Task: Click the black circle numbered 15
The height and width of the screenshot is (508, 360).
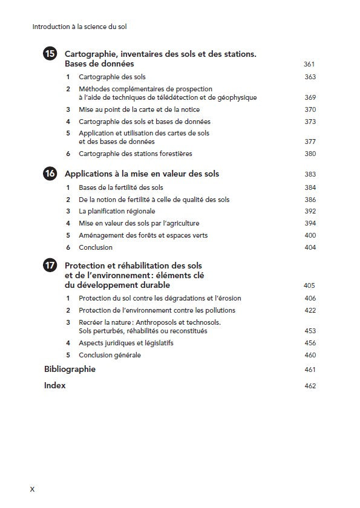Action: pos(51,54)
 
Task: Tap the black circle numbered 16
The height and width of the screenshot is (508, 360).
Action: pos(51,174)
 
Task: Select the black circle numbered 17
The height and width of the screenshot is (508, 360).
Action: pos(51,265)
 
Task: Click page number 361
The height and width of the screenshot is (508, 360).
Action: pos(309,64)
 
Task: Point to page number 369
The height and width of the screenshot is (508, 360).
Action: pos(310,97)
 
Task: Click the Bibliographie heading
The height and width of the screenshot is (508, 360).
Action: pos(70,369)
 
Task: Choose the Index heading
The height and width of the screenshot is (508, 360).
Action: pos(54,386)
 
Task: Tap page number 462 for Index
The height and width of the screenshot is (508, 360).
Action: pos(310,386)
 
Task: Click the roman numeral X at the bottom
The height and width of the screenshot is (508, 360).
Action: pos(33,489)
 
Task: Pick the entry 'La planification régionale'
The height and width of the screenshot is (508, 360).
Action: pos(117,211)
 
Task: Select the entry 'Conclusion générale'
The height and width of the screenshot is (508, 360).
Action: pos(110,355)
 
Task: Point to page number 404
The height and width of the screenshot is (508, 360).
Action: pos(310,247)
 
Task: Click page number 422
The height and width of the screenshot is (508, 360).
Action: pos(310,311)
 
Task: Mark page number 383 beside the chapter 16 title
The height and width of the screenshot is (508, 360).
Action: pos(310,175)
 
